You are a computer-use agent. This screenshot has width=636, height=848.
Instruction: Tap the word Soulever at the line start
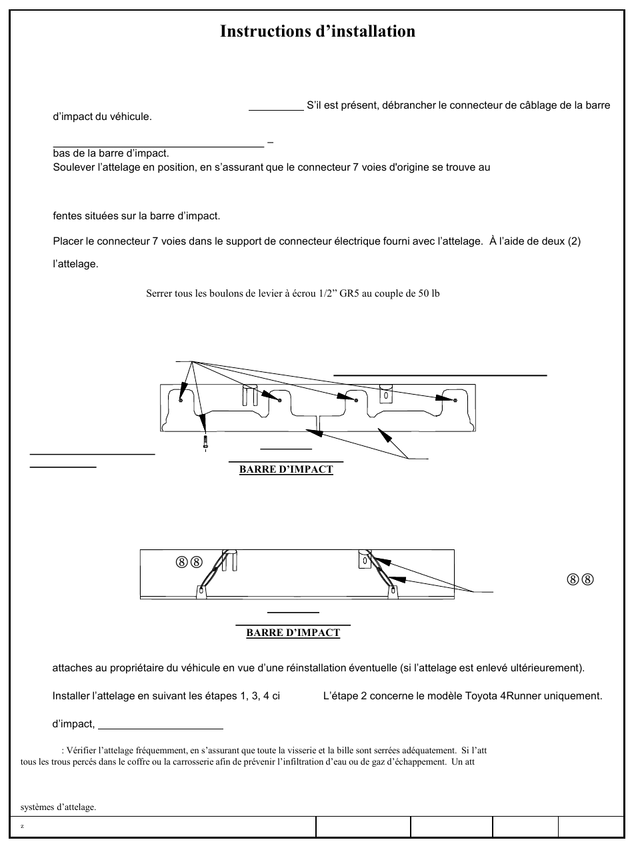click(73, 167)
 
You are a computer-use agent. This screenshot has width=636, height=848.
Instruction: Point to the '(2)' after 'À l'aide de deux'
click(574, 241)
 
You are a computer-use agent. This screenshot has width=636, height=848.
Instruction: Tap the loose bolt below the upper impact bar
click(206, 442)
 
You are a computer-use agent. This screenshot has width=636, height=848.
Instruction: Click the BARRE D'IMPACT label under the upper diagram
click(286, 469)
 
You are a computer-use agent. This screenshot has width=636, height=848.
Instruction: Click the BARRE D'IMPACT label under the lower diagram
click(293, 633)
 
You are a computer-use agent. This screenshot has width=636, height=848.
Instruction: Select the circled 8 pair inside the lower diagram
click(189, 561)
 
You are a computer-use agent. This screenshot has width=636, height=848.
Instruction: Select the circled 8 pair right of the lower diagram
click(581, 579)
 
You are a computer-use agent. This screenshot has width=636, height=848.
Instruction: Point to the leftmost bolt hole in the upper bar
click(181, 400)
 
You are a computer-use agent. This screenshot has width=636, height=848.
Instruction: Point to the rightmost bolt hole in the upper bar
click(455, 400)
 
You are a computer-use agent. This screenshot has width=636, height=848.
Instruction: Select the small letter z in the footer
click(22, 827)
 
